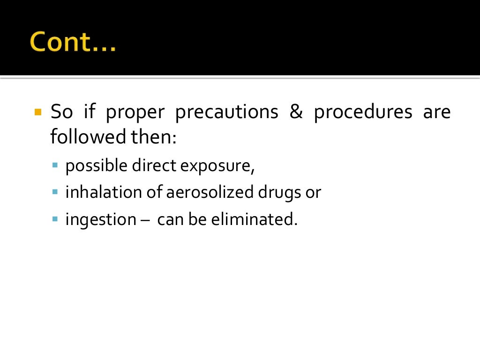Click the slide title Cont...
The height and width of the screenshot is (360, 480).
[x=73, y=43]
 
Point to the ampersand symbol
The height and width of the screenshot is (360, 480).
[x=296, y=112]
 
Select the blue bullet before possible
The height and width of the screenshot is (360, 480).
[x=55, y=165]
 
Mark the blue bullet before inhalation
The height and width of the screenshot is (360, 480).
[x=55, y=192]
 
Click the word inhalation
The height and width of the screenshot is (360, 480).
[x=97, y=193]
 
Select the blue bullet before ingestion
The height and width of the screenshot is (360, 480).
[x=55, y=218]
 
